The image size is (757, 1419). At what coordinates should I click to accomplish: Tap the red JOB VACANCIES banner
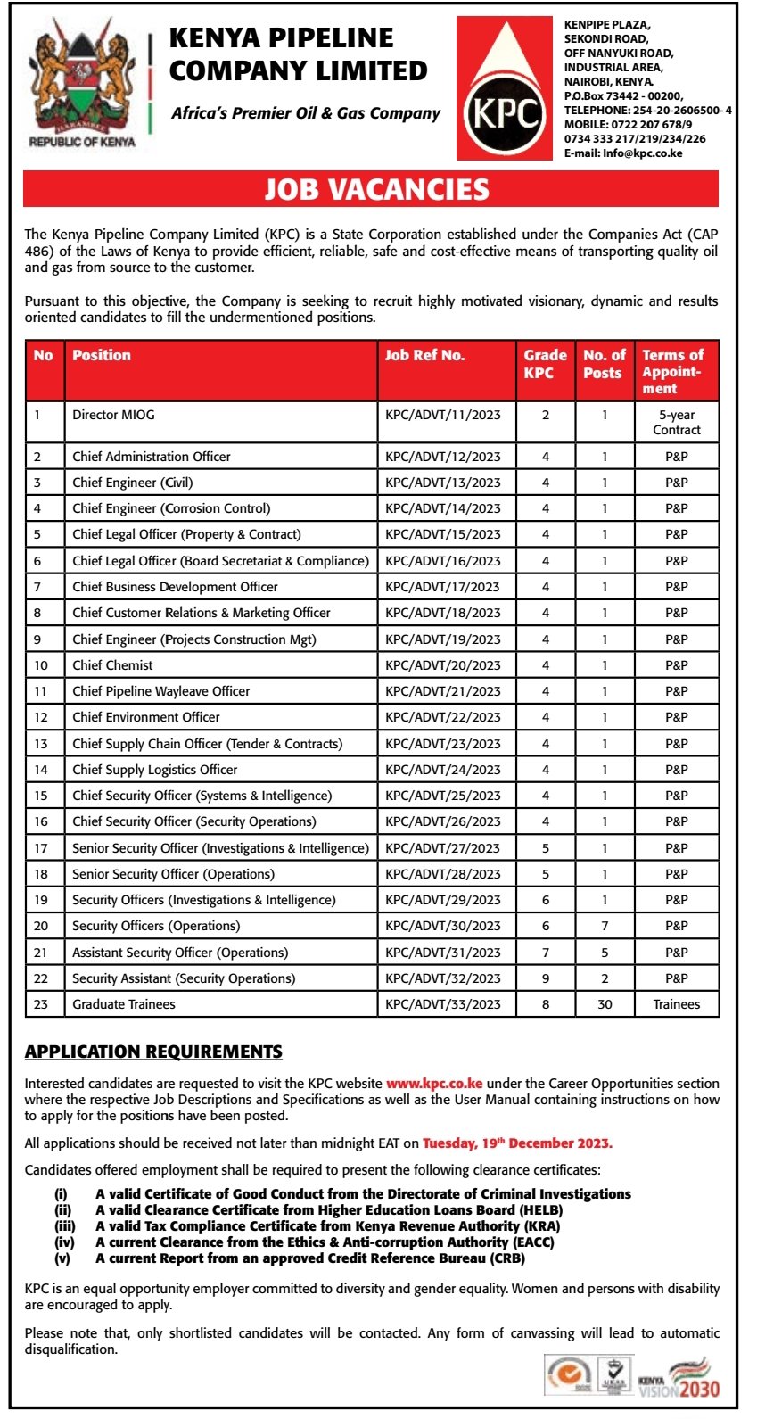pos(376,189)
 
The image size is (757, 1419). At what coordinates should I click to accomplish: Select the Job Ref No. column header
pos(424,355)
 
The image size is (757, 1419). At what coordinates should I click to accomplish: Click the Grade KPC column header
pos(545,363)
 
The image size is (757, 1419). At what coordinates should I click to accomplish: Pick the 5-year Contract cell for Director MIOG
pos(676,422)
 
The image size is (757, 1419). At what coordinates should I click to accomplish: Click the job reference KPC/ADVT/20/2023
pos(442,665)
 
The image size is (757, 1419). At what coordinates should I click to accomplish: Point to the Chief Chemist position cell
pos(112,665)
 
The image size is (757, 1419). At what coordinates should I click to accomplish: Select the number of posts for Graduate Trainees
pos(604,1004)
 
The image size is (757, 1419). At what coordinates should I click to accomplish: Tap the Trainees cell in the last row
pos(676,1004)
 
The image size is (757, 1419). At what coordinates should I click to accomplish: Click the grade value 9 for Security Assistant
pos(546,978)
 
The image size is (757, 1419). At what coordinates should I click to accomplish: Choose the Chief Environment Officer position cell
pos(146,717)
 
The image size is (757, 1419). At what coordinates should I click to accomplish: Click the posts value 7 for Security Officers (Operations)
pos(604,926)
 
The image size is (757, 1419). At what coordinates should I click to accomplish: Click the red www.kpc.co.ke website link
pos(434,1084)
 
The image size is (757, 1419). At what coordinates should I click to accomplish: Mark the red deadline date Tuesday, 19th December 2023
pos(517,1143)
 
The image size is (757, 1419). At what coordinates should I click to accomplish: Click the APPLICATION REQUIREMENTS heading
pos(153,1052)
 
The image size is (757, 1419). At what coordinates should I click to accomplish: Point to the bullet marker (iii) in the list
pos(64,1226)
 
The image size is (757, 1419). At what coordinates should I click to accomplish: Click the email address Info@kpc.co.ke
pos(642,153)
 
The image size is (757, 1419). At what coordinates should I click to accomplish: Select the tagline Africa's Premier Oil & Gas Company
pos(306,113)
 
